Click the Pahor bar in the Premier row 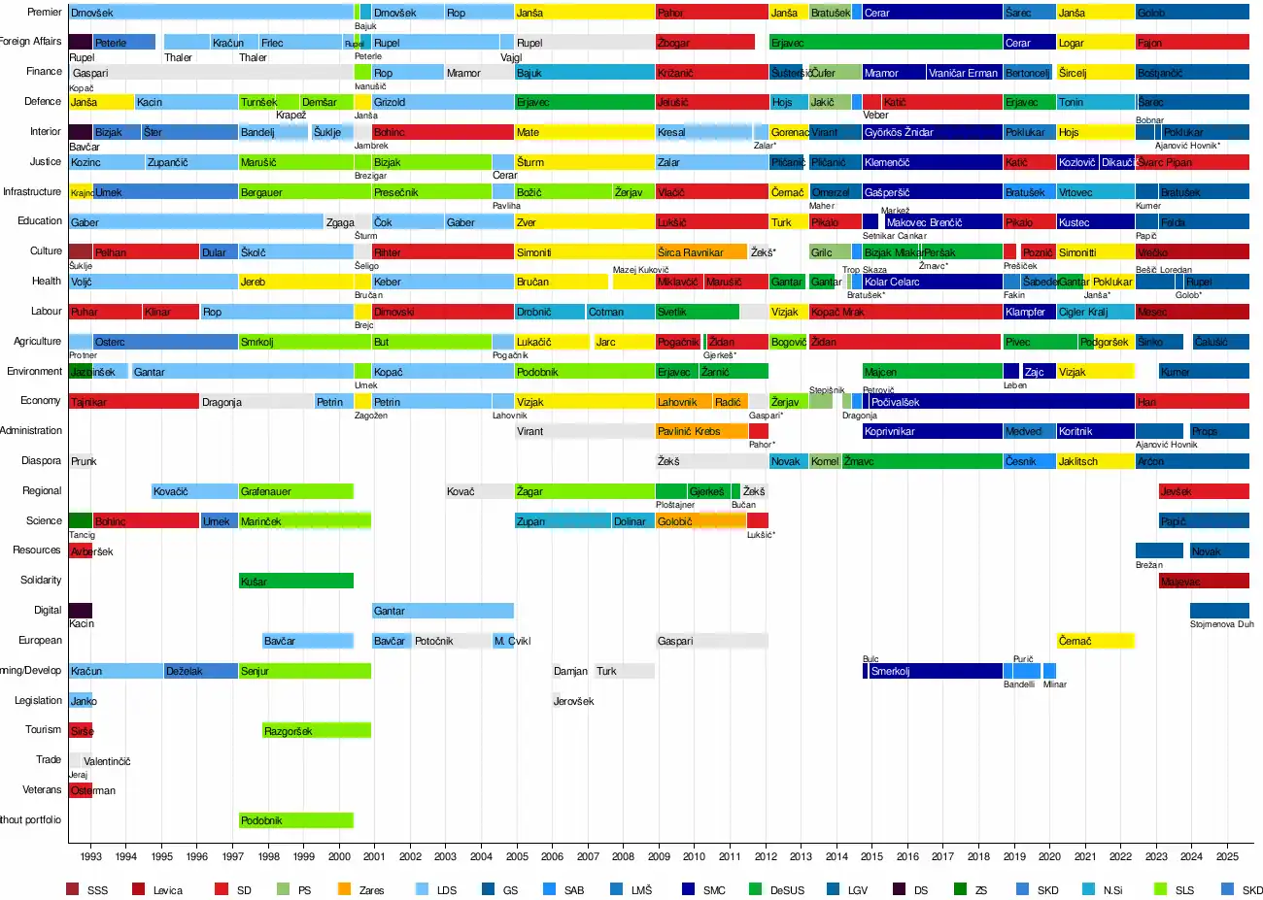coord(711,13)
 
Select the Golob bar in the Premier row coord(1192,13)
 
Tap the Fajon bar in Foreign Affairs coord(1192,43)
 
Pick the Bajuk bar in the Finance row coord(585,73)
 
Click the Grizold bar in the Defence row coord(442,102)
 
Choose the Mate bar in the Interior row coord(585,132)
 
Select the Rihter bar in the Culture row coord(442,252)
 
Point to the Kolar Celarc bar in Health coord(932,282)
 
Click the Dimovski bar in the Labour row coord(442,312)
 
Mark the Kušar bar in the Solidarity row coord(296,582)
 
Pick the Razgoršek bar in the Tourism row coord(317,731)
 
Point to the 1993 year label coord(91,856)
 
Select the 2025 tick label coord(1227,856)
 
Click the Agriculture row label coord(37,342)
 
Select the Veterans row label coord(42,790)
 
